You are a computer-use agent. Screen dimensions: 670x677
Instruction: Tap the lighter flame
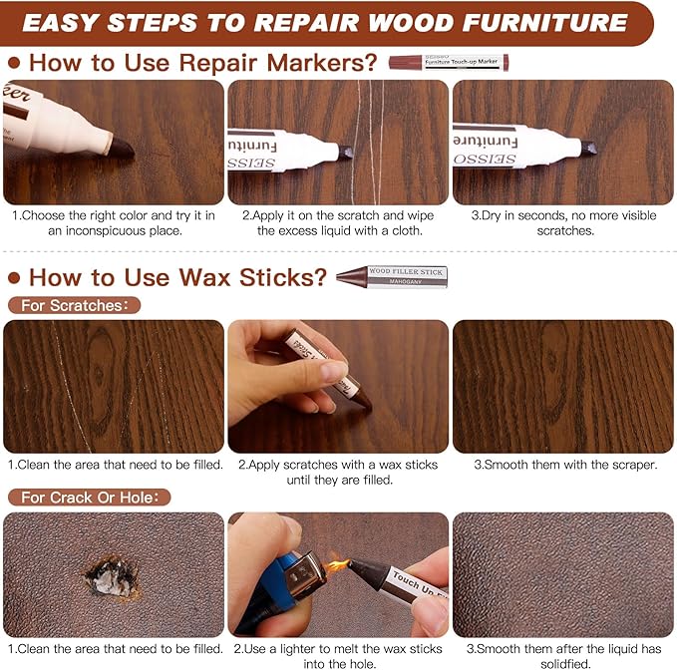338,565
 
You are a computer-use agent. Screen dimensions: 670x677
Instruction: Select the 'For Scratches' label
73,305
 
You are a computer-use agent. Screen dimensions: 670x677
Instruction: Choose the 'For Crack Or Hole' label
89,497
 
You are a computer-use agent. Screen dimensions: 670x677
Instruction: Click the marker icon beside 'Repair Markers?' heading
448,63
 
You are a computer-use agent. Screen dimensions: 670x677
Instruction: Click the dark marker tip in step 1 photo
121,148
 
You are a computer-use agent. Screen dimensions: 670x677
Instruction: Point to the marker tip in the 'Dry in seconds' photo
587,148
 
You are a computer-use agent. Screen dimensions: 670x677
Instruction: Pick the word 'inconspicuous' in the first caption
95,230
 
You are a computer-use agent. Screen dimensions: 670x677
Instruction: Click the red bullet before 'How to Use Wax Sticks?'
14,277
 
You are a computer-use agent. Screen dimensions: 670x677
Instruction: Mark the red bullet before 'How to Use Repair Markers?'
14,63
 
